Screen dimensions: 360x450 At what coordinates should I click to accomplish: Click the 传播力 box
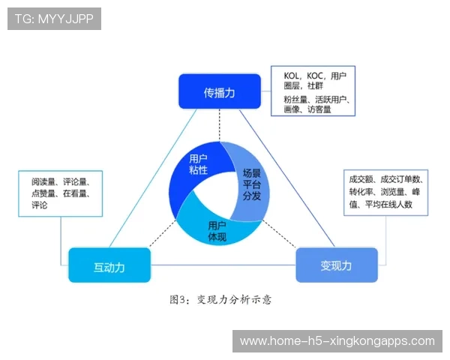click(x=219, y=92)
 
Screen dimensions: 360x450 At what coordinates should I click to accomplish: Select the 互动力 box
click(x=109, y=265)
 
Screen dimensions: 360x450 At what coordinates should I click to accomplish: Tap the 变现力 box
click(x=335, y=265)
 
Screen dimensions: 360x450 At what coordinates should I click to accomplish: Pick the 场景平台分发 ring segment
click(x=252, y=184)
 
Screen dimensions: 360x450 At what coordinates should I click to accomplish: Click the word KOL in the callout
click(x=292, y=76)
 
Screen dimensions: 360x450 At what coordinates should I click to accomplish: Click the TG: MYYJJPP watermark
click(x=54, y=19)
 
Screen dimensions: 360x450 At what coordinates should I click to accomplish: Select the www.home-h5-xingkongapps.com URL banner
click(x=337, y=341)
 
